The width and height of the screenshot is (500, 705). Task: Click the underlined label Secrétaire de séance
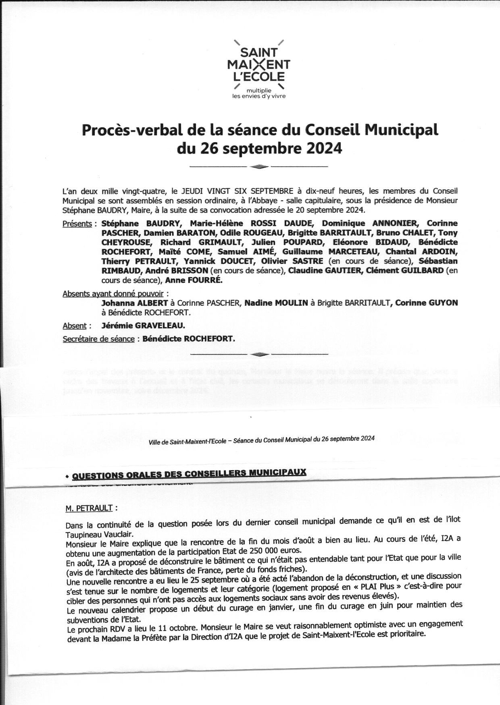(98, 339)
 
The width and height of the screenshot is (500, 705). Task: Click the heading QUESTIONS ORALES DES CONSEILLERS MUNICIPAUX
(189, 473)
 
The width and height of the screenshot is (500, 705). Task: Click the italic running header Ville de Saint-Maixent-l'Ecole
(189, 442)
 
